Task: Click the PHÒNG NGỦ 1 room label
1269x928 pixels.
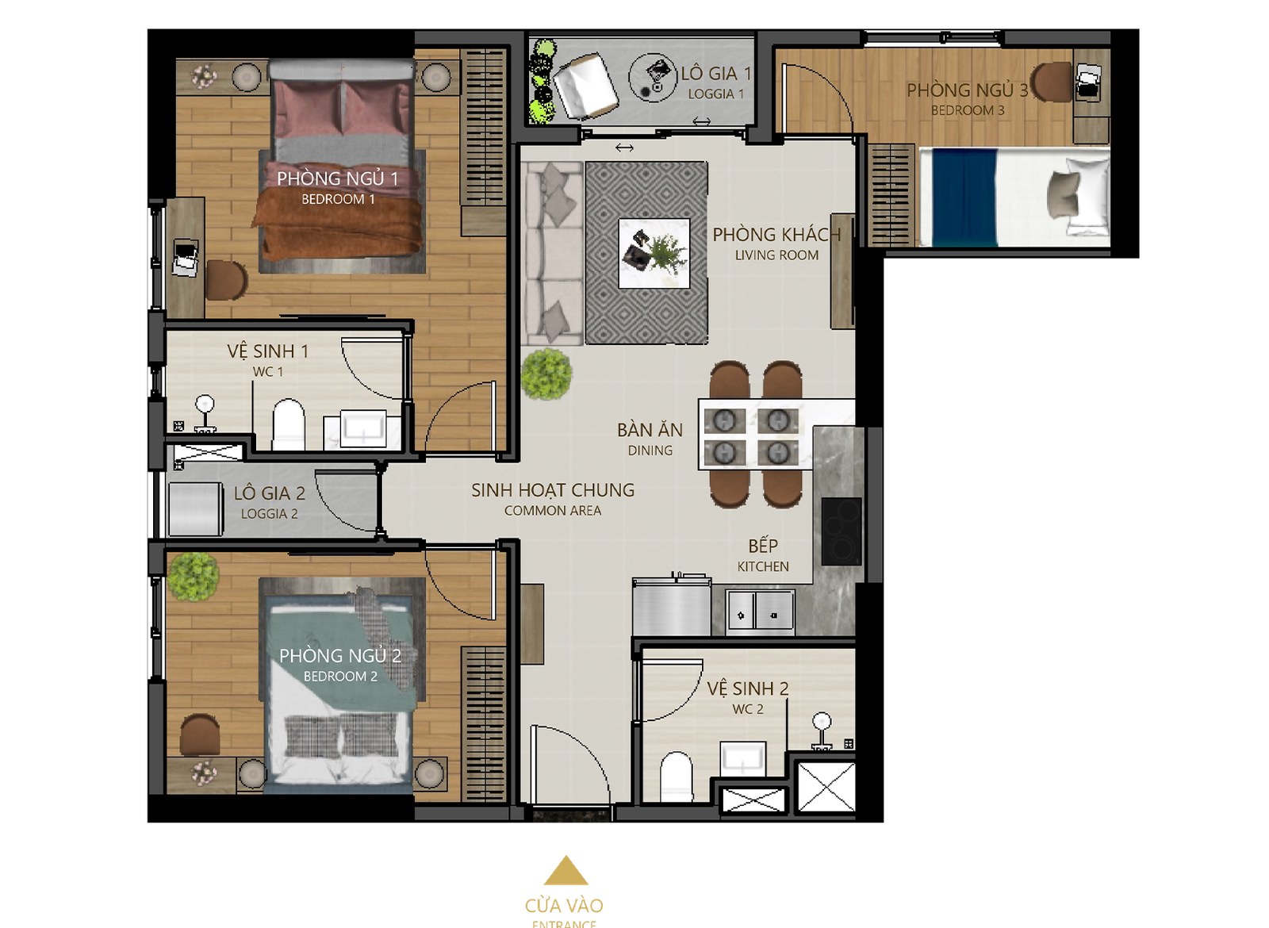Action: coord(338,179)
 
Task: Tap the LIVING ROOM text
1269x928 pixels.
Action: coord(776,255)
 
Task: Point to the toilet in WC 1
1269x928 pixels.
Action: coord(289,425)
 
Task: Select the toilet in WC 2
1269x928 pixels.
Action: coord(677,777)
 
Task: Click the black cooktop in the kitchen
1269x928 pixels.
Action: coord(842,531)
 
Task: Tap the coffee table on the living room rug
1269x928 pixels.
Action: coord(654,253)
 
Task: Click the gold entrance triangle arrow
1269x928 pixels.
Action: coord(565,870)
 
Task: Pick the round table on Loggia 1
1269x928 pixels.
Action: coord(654,78)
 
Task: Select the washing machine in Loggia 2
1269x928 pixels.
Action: coord(195,508)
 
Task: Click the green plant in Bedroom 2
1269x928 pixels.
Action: coord(194,577)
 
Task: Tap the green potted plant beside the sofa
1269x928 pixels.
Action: coord(546,374)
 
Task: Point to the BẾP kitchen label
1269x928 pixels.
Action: coord(763,546)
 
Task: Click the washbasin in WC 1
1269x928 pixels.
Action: coord(362,429)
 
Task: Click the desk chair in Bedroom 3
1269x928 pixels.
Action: coord(1052,82)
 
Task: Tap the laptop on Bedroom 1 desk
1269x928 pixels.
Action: coord(186,259)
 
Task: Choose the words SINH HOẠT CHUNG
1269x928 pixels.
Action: coord(553,491)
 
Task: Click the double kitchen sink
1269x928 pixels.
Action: coord(761,612)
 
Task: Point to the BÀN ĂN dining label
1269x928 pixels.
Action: coord(650,431)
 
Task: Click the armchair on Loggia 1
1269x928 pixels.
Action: coord(585,86)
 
